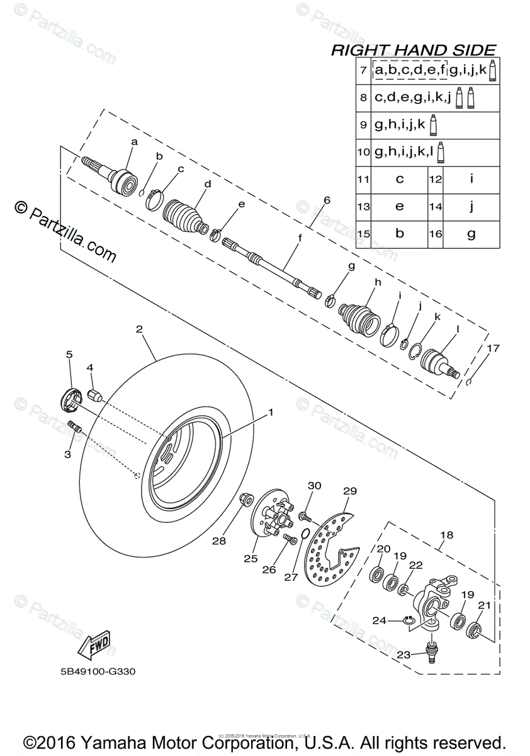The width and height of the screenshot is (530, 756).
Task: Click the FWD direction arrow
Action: pyautogui.click(x=93, y=644)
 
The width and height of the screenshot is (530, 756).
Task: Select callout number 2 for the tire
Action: pyautogui.click(x=139, y=329)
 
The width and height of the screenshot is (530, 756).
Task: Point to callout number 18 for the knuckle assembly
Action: pyautogui.click(x=446, y=535)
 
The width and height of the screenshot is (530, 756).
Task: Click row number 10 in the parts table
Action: pyautogui.click(x=363, y=152)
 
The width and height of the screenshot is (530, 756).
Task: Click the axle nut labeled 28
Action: pyautogui.click(x=246, y=501)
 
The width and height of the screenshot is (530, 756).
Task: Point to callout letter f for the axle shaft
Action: pyautogui.click(x=300, y=238)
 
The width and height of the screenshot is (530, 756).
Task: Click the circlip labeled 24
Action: pyautogui.click(x=409, y=622)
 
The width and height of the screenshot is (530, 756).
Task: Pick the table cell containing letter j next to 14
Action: pyautogui.click(x=471, y=206)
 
